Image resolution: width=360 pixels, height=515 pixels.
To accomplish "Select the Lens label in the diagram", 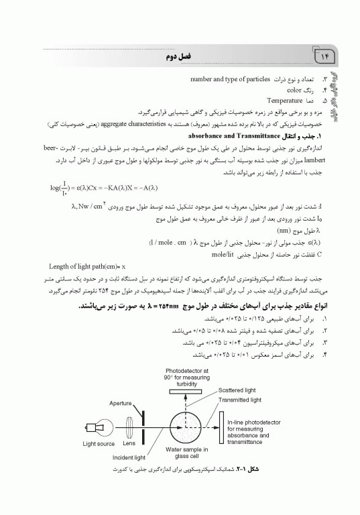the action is pyautogui.click(x=129, y=443).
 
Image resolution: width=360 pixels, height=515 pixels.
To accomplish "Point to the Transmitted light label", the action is pyautogui.click(x=240, y=400).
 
